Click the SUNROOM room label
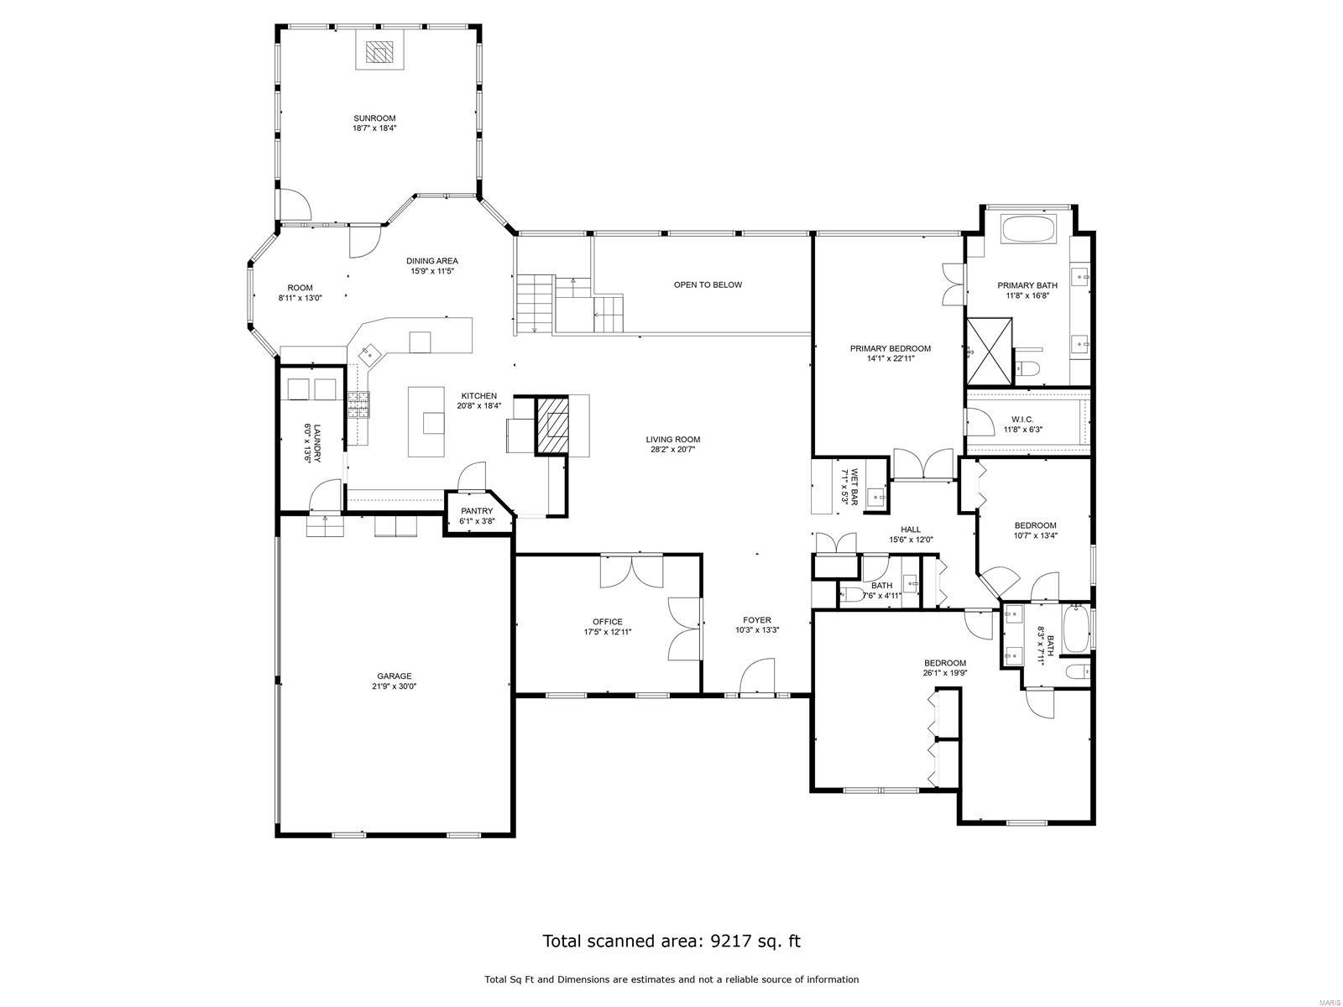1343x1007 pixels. [x=374, y=118]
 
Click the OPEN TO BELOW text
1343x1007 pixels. [x=708, y=284]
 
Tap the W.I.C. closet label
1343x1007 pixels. [x=1022, y=419]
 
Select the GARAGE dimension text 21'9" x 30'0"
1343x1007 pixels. [x=395, y=686]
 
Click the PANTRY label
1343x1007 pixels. [x=477, y=511]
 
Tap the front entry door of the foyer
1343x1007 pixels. [x=757, y=676]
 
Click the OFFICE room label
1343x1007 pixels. [x=608, y=622]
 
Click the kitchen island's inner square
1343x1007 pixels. [x=433, y=423]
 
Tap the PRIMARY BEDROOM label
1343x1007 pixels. [x=890, y=348]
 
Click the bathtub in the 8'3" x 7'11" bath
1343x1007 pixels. [x=1074, y=631]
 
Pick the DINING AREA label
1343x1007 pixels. [x=432, y=260]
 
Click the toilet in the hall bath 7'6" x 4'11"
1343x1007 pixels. [x=851, y=596]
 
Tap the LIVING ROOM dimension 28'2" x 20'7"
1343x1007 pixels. [x=672, y=449]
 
